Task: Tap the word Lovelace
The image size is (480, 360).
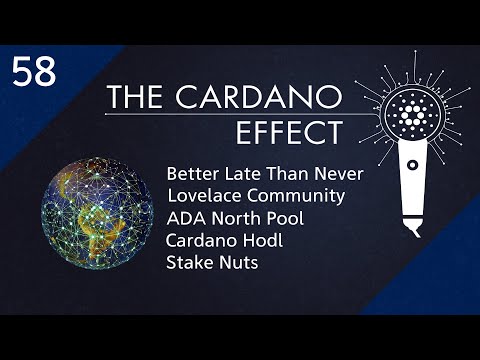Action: coord(203,196)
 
